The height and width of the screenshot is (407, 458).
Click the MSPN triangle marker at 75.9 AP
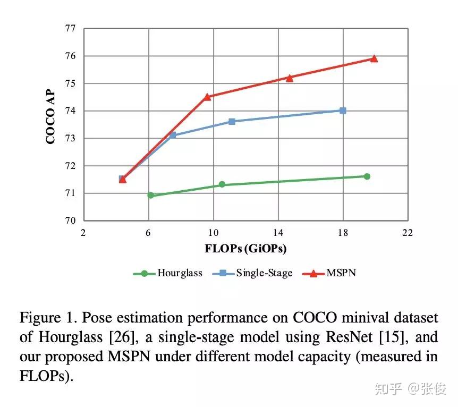374,58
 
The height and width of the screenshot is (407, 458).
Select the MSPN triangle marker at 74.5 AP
207,97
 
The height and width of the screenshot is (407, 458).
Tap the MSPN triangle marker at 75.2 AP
290,78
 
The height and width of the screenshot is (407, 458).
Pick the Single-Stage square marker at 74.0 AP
343,111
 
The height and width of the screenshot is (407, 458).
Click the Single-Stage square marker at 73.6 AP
232,122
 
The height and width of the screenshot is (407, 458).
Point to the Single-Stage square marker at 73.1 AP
173,135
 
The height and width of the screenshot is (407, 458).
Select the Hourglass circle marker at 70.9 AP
150,196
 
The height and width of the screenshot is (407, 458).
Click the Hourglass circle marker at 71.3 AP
222,184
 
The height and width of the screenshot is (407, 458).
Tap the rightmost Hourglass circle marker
367,176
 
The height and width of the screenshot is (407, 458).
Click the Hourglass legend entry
167,273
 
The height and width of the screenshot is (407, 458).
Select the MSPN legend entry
329,273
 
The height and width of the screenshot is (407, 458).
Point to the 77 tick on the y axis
71,29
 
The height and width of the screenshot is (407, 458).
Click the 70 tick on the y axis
71,221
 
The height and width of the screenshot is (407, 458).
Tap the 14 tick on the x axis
278,232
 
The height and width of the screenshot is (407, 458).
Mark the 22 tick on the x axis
408,232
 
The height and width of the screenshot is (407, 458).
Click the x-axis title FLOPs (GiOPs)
245,248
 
